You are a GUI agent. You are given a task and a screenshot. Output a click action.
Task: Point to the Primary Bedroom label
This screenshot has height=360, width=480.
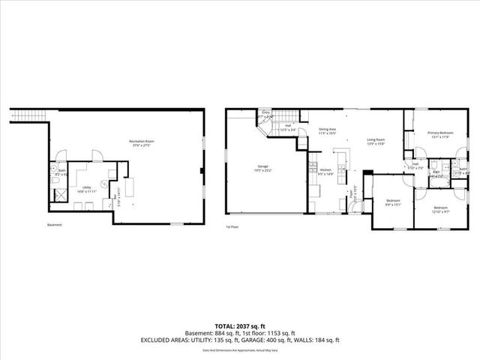442,133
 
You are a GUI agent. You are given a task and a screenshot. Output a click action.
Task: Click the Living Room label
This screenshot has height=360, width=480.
376,140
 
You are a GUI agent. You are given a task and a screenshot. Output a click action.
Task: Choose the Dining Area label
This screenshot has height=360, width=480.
327,129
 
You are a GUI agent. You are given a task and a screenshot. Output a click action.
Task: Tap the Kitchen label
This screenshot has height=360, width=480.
325,170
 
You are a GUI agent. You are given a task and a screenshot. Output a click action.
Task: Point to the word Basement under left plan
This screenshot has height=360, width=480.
54,225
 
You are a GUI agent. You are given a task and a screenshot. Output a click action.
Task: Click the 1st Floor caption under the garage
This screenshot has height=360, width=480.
232,226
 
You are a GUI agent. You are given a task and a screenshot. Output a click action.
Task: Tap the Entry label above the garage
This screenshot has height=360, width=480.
265,112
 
